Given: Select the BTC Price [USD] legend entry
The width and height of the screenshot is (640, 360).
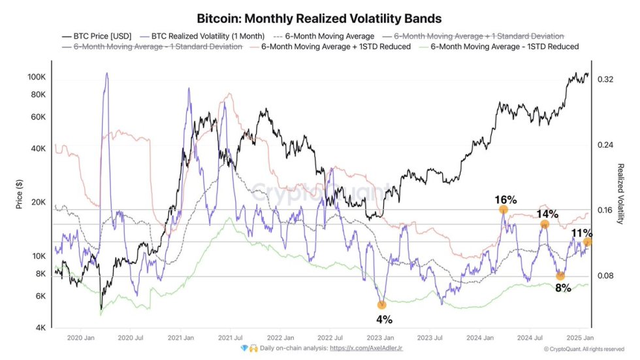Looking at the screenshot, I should coord(99,37).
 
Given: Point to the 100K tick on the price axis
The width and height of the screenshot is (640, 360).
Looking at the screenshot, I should coord(36,77).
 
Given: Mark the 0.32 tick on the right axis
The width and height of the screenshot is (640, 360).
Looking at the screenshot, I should coord(605,80).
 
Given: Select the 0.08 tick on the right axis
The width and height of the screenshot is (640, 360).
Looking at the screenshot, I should coord(605,276).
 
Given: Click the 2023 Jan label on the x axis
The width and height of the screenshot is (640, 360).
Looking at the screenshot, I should coord(379,338).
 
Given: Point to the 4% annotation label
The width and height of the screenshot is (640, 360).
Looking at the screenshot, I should coord(384,320).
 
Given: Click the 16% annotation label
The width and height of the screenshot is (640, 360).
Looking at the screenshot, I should coord(505,199).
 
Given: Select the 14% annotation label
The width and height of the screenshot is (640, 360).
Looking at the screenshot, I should coord(547,214).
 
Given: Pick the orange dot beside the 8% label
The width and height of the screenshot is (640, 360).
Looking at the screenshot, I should coord(560,276).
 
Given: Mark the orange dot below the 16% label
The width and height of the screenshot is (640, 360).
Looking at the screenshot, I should coord(504,210).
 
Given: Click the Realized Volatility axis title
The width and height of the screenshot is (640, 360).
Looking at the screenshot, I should coord(621,194).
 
